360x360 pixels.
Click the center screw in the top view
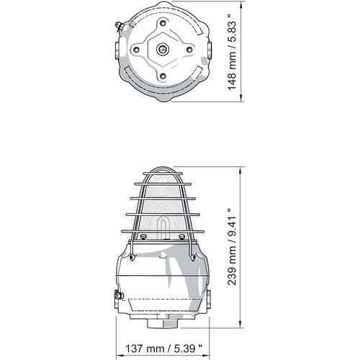click(x=163, y=50)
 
